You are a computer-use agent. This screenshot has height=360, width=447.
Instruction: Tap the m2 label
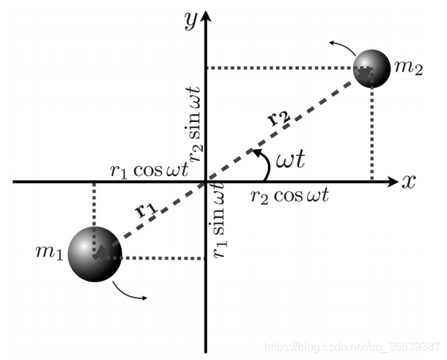(409, 70)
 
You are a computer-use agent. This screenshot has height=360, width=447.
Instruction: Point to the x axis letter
(409, 182)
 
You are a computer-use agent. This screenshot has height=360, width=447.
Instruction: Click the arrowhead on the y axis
(207, 16)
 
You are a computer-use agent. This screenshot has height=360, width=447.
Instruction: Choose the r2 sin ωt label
(195, 119)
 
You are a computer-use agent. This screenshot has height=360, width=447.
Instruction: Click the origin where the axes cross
(207, 181)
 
